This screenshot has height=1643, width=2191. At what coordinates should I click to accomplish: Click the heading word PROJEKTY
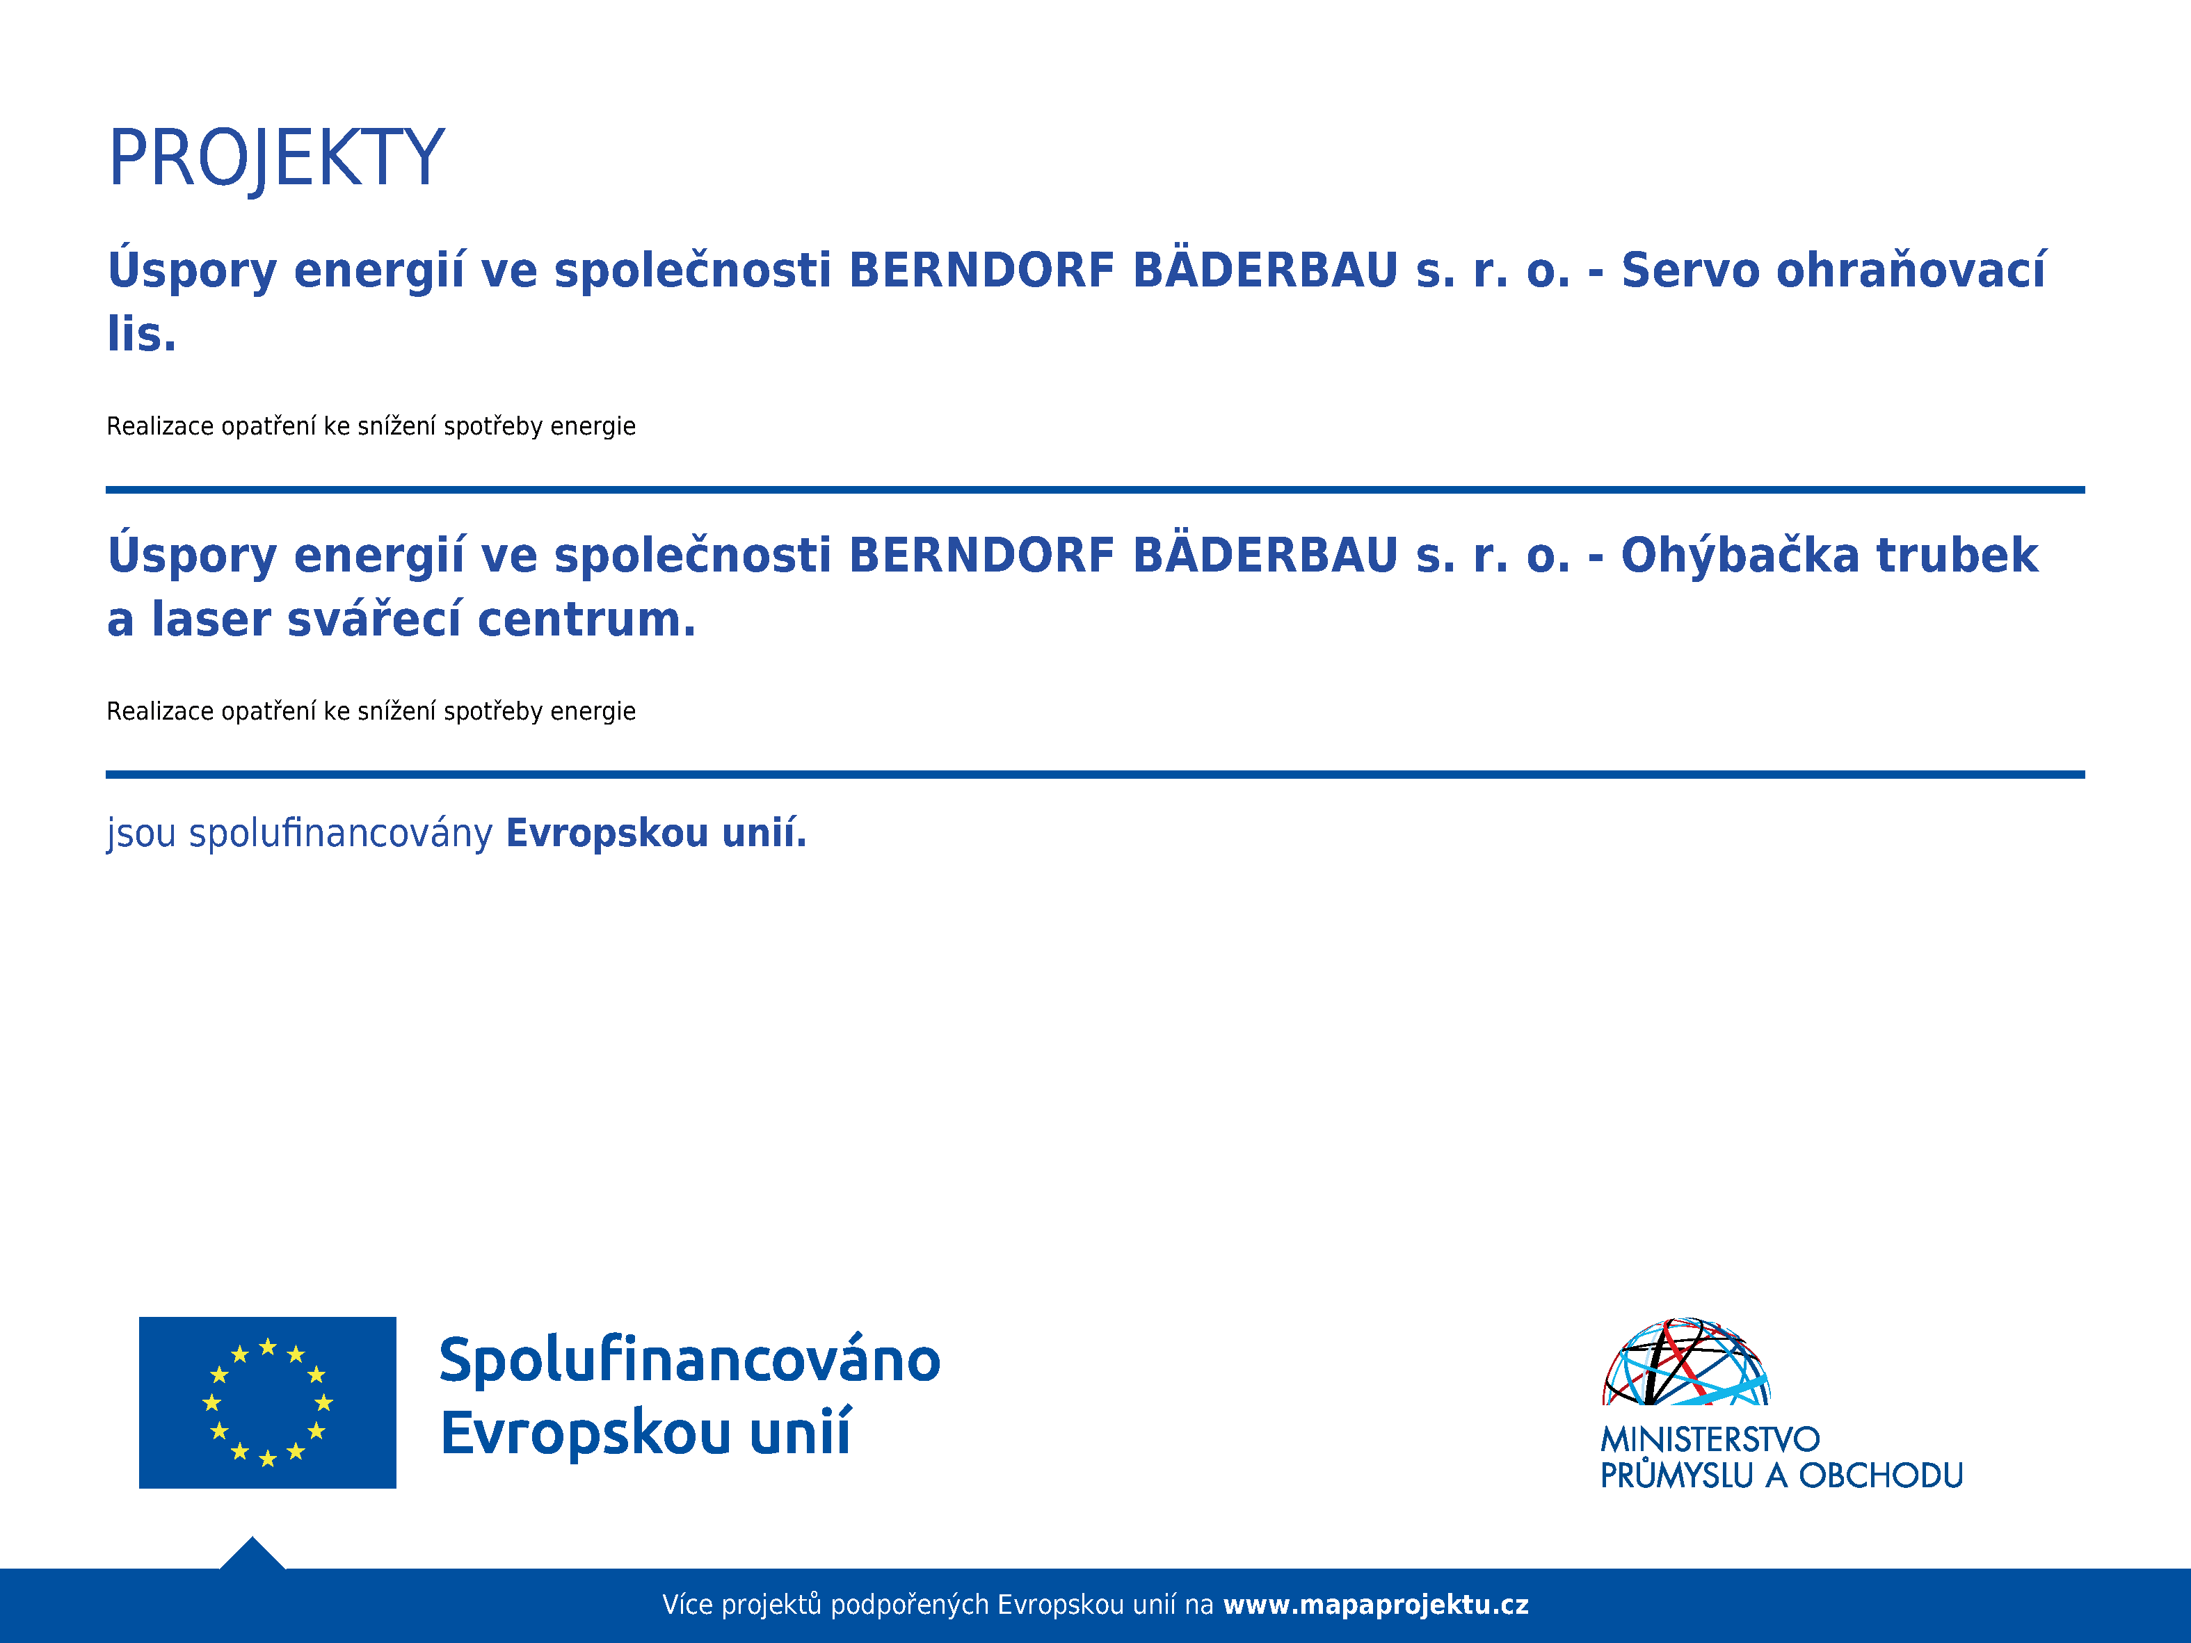click(x=276, y=159)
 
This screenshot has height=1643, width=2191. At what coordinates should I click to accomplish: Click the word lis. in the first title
click(x=142, y=333)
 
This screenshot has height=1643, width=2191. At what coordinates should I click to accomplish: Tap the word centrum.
click(x=586, y=619)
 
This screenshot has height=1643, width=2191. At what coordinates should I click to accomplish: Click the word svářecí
click(x=374, y=618)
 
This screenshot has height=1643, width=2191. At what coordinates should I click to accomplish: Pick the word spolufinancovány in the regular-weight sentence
click(x=341, y=834)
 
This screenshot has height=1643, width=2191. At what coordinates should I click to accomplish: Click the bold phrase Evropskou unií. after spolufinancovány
click(x=656, y=833)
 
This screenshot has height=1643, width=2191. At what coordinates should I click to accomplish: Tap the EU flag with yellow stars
click(x=267, y=1402)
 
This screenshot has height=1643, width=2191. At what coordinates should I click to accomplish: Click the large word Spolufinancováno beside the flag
click(x=689, y=1360)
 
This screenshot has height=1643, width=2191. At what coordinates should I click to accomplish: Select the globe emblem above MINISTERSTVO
click(x=1686, y=1361)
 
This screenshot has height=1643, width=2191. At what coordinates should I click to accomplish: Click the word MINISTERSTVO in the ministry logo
click(x=1710, y=1439)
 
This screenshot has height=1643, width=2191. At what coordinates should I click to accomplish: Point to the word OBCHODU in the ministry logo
click(x=1881, y=1475)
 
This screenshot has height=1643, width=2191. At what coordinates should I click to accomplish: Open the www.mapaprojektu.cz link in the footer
click(x=1376, y=1604)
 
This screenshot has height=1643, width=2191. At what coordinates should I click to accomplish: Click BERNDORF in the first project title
click(x=981, y=270)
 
